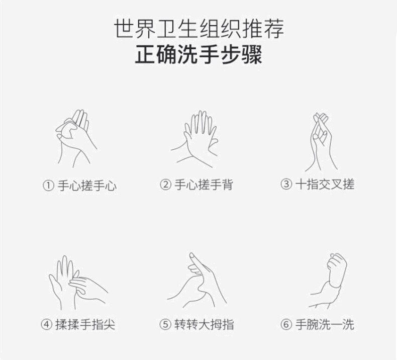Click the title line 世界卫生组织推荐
(x=199, y=28)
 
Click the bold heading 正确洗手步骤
(x=198, y=55)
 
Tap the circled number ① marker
(x=48, y=186)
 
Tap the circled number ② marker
(x=166, y=185)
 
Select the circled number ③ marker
(x=286, y=184)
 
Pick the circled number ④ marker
(x=47, y=324)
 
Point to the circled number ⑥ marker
(x=286, y=324)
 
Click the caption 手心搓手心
(x=87, y=186)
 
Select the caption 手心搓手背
(x=204, y=185)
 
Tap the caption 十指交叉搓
(x=325, y=184)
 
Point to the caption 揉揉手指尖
(x=85, y=324)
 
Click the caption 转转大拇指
(x=204, y=324)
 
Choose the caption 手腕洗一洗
(x=325, y=324)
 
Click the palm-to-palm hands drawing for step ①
(x=76, y=139)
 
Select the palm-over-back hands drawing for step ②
(x=194, y=139)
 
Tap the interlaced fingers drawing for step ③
(x=321, y=142)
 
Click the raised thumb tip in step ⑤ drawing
(x=192, y=254)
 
